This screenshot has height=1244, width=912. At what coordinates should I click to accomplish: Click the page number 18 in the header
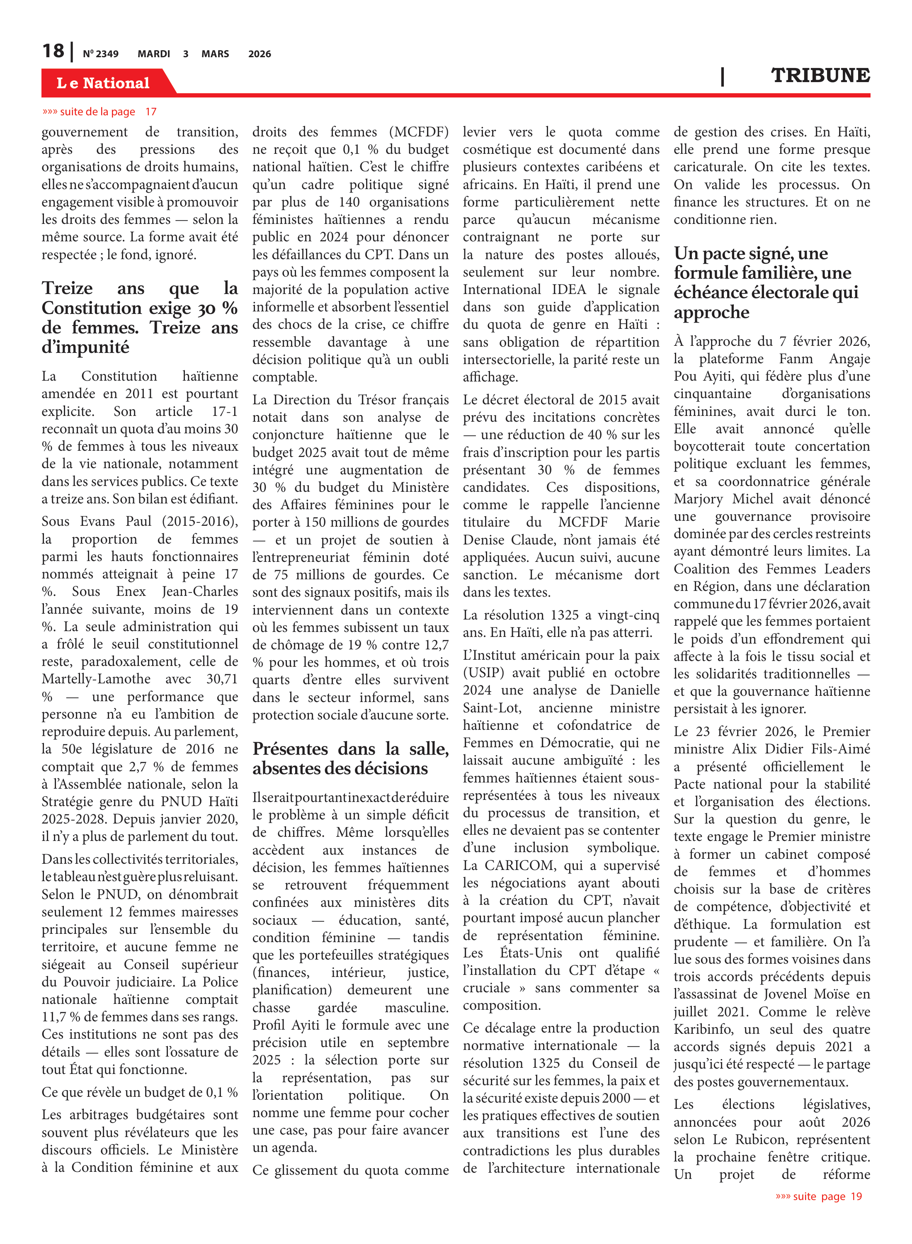pyautogui.click(x=53, y=51)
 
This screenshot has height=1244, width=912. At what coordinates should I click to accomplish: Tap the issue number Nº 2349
pyautogui.click(x=100, y=54)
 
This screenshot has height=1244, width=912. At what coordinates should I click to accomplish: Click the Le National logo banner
pyautogui.click(x=103, y=83)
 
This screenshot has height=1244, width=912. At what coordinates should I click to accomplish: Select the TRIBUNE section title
pyautogui.click(x=820, y=75)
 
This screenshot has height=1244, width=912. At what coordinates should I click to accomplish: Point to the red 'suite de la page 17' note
pyautogui.click(x=99, y=112)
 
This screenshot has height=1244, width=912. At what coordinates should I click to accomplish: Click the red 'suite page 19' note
pyautogui.click(x=819, y=1196)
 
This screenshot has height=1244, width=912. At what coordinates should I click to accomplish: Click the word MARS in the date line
pyautogui.click(x=215, y=54)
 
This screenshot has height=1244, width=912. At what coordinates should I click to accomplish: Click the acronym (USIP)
pyautogui.click(x=484, y=673)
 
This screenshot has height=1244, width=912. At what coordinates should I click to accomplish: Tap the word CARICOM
pyautogui.click(x=519, y=865)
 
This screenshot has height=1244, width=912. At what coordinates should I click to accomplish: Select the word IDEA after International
pyautogui.click(x=569, y=289)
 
